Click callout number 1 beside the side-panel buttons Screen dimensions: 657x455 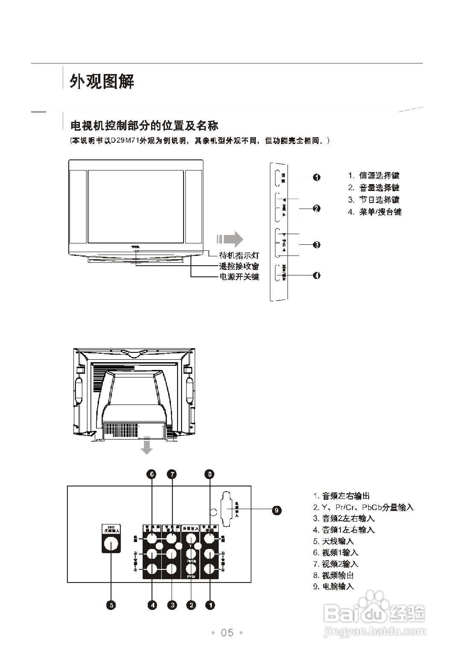click(316, 177)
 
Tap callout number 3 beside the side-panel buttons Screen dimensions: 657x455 click(316, 245)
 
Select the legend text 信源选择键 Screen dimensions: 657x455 click(379, 175)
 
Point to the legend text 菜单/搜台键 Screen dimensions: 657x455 click(380, 212)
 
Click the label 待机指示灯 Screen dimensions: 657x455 click(239, 255)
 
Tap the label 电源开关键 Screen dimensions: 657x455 click(239, 276)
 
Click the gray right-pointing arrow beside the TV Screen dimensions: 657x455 click(230, 239)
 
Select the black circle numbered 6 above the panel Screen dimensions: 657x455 click(152, 474)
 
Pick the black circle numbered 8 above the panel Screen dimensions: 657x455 click(210, 474)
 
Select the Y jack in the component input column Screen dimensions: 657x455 click(191, 538)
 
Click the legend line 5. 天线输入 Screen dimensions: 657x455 click(333, 541)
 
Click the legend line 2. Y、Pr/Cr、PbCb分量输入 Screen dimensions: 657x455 click(363, 507)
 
